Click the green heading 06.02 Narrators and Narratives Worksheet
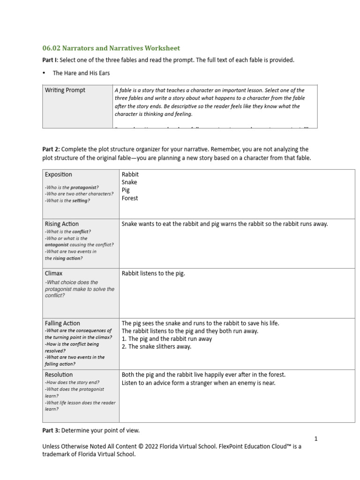pyautogui.click(x=111, y=48)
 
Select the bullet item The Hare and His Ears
pyautogui.click(x=81, y=73)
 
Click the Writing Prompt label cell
pyautogui.click(x=65, y=90)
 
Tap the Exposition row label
pyautogui.click(x=59, y=174)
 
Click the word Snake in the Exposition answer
pyautogui.click(x=129, y=182)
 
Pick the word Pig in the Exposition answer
pyautogui.click(x=126, y=190)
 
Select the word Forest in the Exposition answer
pyautogui.click(x=130, y=198)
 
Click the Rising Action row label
pyautogui.click(x=62, y=224)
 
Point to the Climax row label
pyautogui.click(x=54, y=273)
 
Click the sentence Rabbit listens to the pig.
pyautogui.click(x=153, y=273)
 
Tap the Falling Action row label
pyautogui.click(x=62, y=323)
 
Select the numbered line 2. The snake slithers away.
pyautogui.click(x=157, y=347)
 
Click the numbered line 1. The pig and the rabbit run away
pyautogui.click(x=167, y=339)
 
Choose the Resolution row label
pyautogui.click(x=59, y=375)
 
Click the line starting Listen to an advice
pyautogui.click(x=199, y=383)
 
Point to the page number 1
pyautogui.click(x=316, y=439)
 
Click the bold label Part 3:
pyautogui.click(x=51, y=430)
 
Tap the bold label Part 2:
pyautogui.click(x=51, y=149)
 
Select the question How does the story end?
pyautogui.click(x=72, y=382)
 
